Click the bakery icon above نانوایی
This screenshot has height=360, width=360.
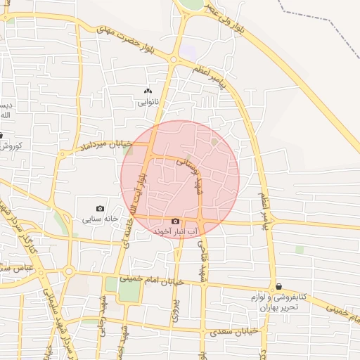tap(148, 91)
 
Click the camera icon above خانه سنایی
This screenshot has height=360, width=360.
tap(100, 208)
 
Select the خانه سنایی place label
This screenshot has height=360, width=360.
tap(98, 219)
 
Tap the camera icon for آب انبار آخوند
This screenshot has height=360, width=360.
tap(176, 221)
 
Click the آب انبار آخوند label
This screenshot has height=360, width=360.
tap(175, 231)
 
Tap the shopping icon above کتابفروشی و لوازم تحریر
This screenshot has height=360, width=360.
tap(280, 287)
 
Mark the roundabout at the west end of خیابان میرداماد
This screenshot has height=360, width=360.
tap(68, 271)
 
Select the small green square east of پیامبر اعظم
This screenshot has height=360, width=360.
tap(299, 249)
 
